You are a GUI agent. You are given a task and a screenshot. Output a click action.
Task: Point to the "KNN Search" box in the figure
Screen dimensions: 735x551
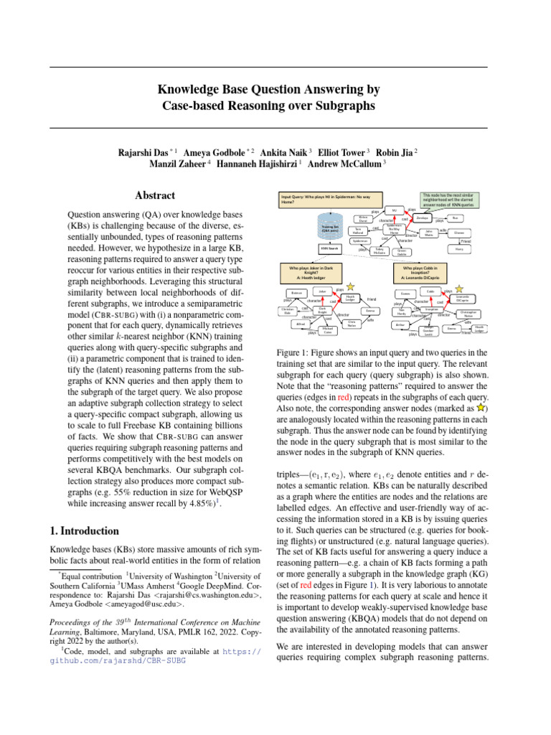pos(329,248)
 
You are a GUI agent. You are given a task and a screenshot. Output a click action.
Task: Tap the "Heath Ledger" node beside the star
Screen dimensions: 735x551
pos(349,298)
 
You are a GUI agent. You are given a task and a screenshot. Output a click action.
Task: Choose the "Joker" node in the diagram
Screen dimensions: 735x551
pos(323,292)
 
